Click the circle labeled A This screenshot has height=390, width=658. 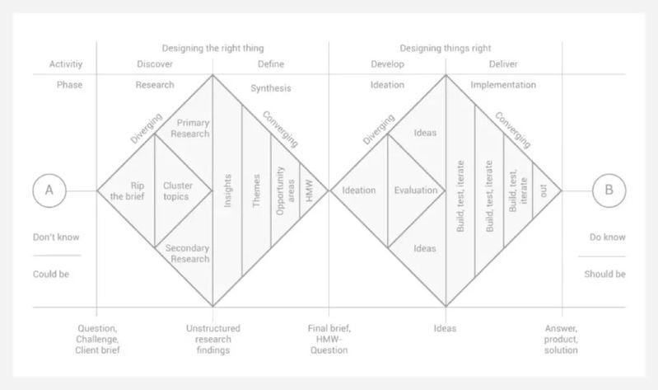tap(49, 190)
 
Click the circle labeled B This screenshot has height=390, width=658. tap(609, 190)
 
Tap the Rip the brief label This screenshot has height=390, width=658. tap(126, 190)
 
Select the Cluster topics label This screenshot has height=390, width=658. tap(177, 190)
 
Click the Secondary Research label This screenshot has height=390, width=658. tap(189, 253)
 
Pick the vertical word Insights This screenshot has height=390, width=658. tap(227, 190)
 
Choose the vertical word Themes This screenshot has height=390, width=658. tap(256, 190)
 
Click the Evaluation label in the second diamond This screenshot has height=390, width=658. tap(415, 190)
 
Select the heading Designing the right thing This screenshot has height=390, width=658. tap(212, 49)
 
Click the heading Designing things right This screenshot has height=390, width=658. tap(445, 49)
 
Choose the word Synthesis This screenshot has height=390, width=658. tap(270, 88)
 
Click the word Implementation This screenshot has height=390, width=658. tap(503, 85)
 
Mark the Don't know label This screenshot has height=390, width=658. tap(56, 238)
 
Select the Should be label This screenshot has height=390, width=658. tap(604, 274)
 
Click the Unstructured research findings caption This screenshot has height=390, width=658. tap(212, 339)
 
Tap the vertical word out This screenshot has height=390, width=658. tap(543, 190)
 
